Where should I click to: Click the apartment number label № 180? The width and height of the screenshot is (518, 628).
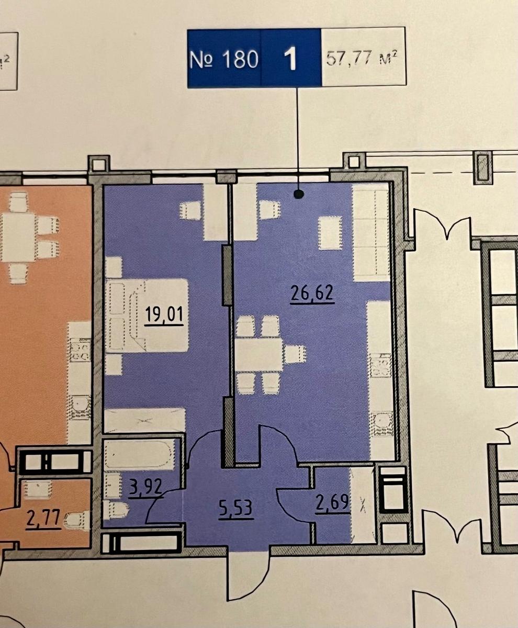[224, 59]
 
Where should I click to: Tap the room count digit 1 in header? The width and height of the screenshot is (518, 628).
[290, 59]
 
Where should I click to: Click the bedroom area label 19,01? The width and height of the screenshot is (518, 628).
[164, 315]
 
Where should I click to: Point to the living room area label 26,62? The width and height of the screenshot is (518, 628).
[312, 293]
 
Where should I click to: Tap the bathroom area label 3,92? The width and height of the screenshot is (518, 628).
[145, 487]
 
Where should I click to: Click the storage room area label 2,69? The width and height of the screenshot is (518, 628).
[332, 502]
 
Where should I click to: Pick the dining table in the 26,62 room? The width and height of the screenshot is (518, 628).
[258, 354]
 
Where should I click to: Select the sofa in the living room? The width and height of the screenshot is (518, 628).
[371, 232]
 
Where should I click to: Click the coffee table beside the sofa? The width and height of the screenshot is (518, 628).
[330, 233]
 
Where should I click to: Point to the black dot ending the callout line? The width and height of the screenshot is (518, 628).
[298, 194]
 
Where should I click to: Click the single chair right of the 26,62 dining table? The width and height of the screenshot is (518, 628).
[295, 354]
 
